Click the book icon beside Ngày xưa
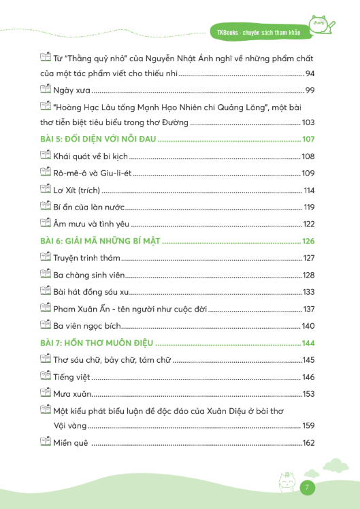46,89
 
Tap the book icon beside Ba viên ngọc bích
46,325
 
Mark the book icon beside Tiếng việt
46,376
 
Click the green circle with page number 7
308,488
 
